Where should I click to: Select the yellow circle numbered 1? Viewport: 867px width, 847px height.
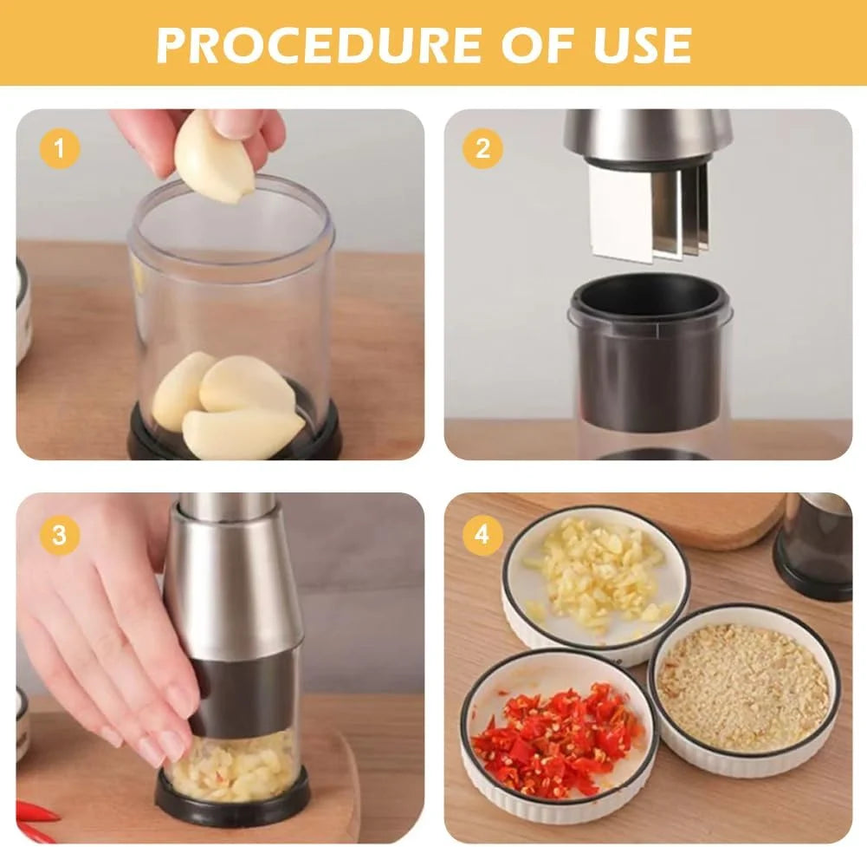59,149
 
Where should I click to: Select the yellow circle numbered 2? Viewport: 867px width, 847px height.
482,149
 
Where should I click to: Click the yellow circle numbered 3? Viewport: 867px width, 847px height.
59,535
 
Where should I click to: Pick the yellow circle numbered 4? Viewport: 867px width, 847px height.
482,535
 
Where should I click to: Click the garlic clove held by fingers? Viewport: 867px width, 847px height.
212,158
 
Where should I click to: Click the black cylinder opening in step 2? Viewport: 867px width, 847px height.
650,299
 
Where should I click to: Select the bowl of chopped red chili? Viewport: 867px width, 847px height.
558,738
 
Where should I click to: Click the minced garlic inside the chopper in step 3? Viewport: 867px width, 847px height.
235,767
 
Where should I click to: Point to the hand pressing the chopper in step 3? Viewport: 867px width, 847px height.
113,633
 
